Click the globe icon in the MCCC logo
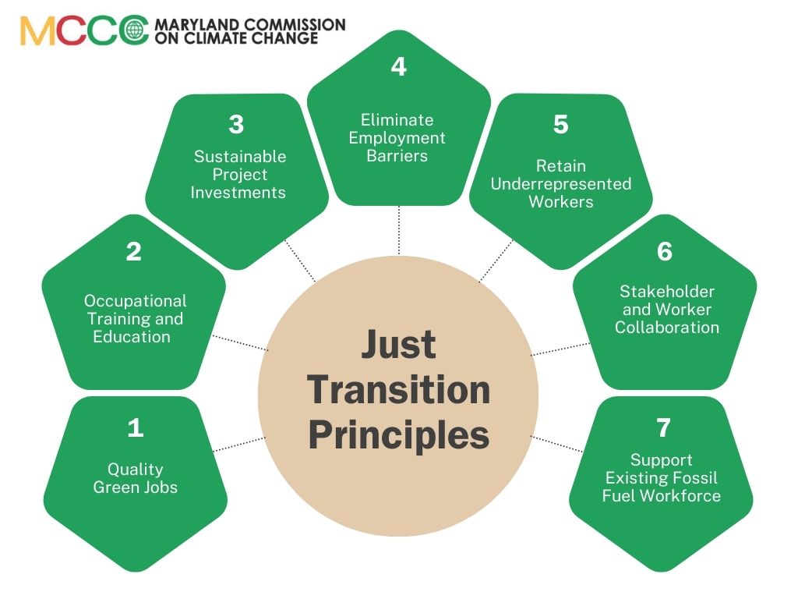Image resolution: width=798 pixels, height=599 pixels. click(134, 30)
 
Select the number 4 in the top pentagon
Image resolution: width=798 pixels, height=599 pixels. click(399, 67)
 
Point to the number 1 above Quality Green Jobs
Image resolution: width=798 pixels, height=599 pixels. click(136, 427)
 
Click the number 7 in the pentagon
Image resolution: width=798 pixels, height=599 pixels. click(663, 427)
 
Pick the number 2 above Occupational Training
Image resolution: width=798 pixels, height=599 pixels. click(134, 251)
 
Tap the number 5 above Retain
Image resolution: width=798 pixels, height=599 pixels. click(561, 124)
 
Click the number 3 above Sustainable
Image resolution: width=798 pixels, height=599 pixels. click(237, 124)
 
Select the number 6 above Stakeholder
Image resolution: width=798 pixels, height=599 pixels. click(665, 251)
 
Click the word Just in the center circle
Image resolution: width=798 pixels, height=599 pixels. click(398, 344)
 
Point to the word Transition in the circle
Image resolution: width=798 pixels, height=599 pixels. click(399, 390)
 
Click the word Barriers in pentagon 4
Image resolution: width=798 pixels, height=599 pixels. click(397, 156)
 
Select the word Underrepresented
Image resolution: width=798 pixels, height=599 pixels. click(561, 184)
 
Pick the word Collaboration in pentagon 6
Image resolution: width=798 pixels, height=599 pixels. click(667, 327)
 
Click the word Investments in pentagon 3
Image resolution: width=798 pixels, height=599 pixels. click(238, 193)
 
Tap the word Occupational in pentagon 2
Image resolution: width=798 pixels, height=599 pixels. click(136, 301)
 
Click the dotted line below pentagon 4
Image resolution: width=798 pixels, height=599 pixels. click(399, 230)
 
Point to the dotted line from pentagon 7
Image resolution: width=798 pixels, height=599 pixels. click(556, 444)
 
